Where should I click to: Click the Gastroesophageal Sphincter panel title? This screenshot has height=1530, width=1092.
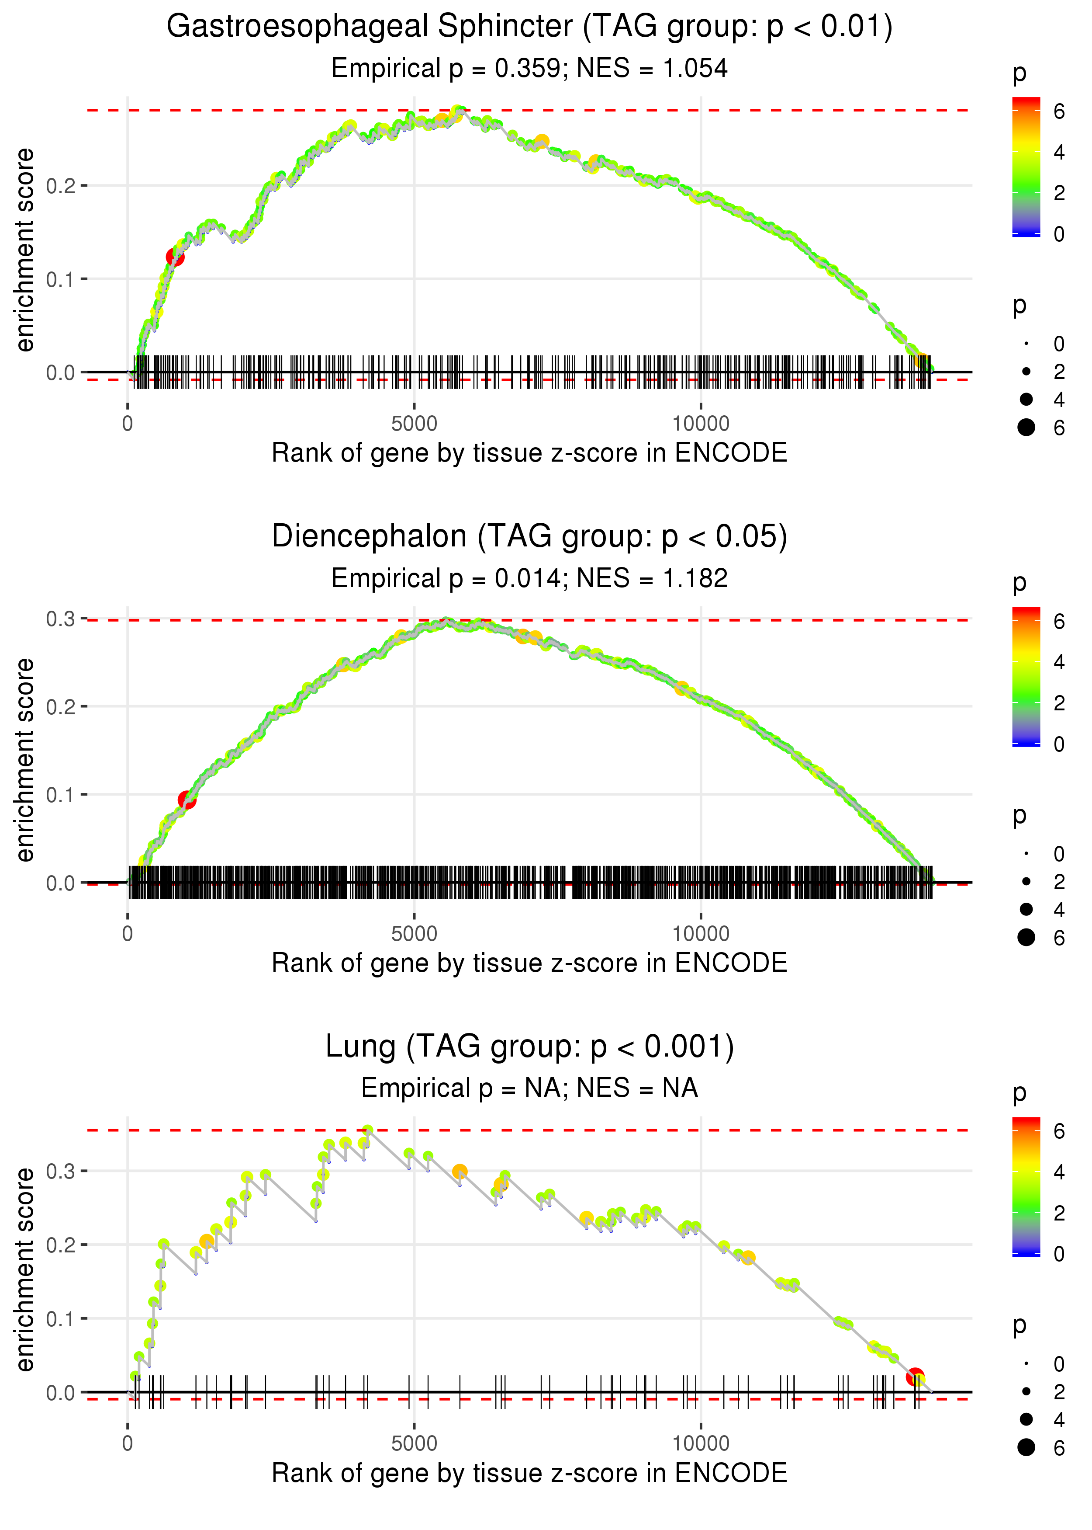(x=529, y=27)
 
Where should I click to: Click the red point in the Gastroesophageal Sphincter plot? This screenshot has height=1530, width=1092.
(x=175, y=257)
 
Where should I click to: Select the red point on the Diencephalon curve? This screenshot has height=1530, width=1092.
(x=187, y=800)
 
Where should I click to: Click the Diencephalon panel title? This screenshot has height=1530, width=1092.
(x=529, y=537)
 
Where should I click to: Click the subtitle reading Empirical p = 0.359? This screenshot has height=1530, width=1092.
(x=529, y=69)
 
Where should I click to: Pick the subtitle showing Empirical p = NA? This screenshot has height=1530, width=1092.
(x=529, y=1088)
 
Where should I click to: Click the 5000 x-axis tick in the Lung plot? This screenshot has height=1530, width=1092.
(x=414, y=1443)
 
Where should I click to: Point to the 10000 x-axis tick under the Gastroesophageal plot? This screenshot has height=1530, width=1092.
(x=701, y=424)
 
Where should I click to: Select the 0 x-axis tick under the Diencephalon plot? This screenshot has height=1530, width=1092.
(x=128, y=934)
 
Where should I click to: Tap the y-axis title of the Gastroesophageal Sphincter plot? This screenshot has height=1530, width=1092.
(x=25, y=250)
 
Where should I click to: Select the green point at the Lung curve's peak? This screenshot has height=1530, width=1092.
(x=368, y=1130)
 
